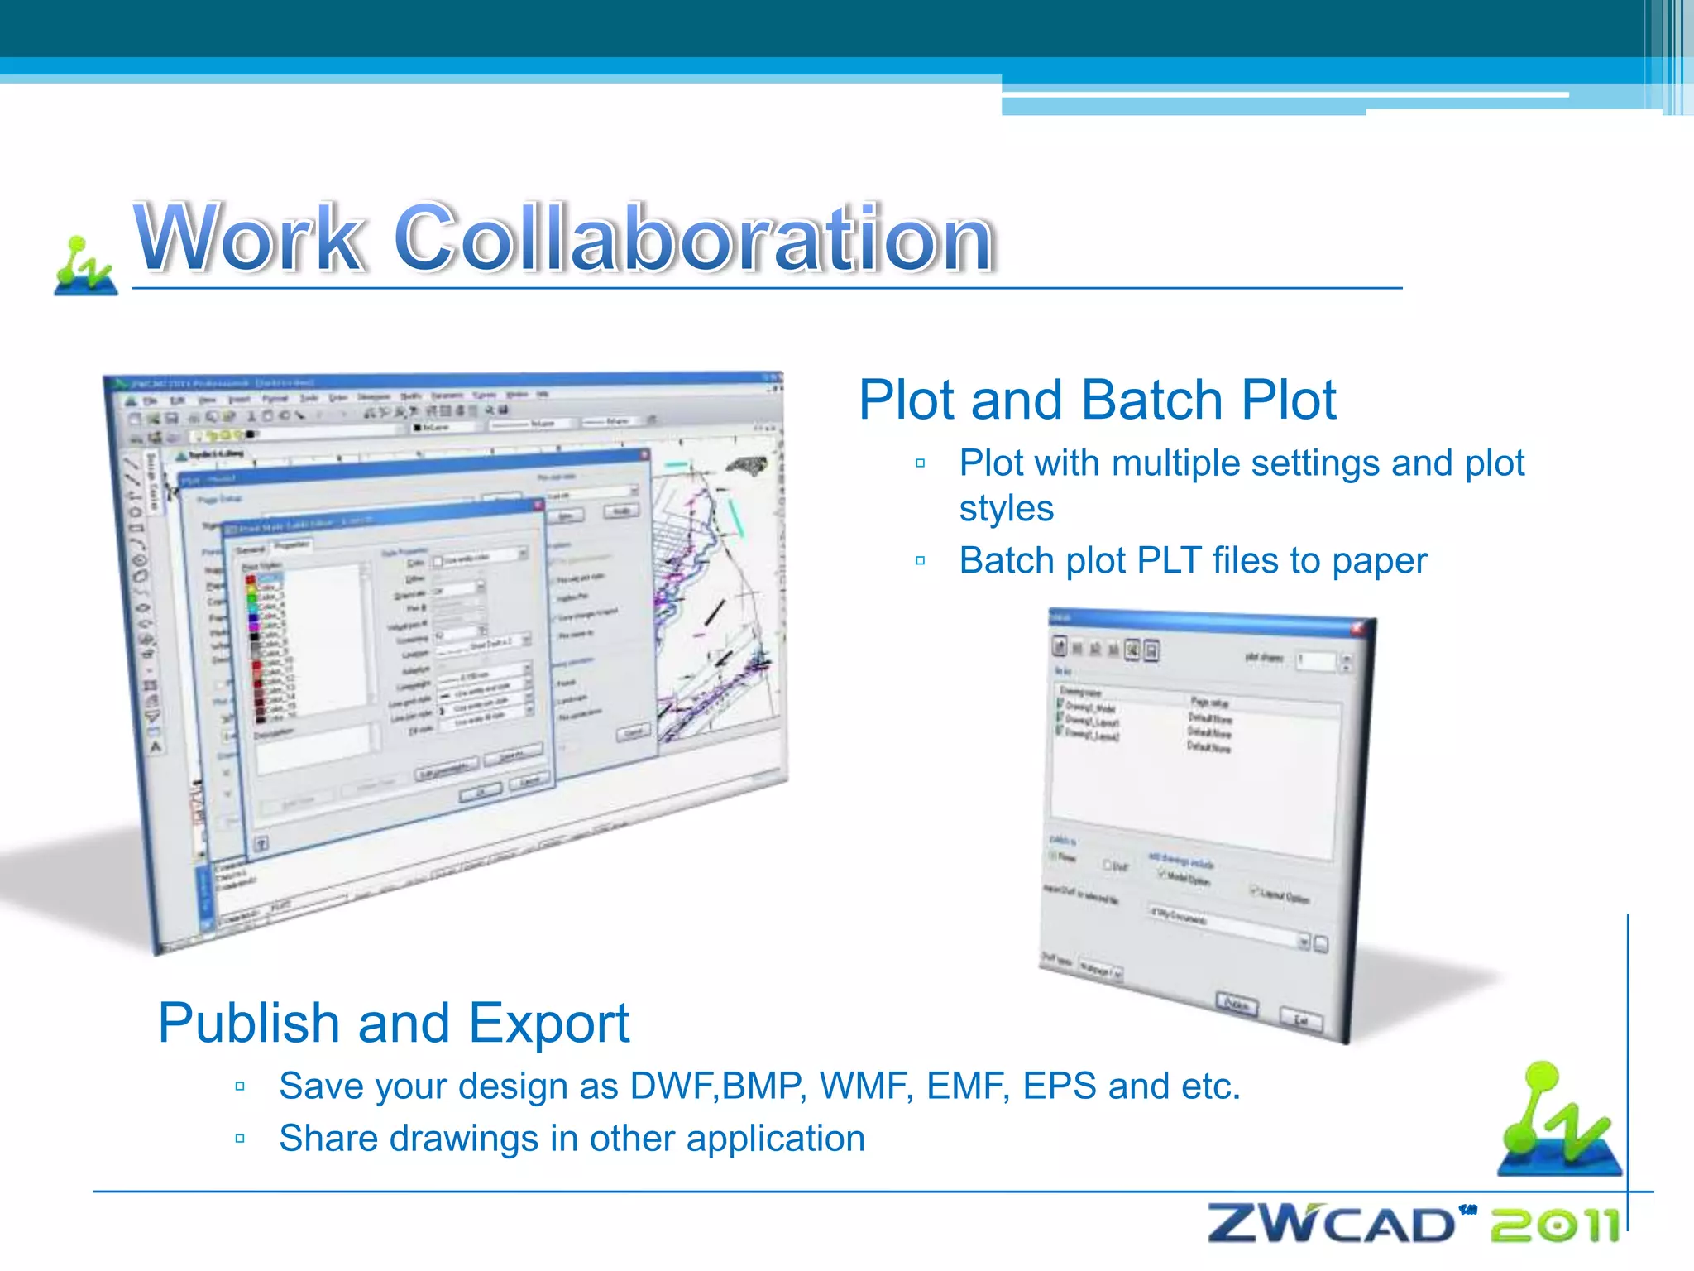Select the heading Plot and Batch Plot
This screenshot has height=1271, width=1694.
coord(1097,400)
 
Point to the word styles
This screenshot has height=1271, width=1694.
coord(1006,509)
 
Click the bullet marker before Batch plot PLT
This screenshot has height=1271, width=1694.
coord(921,561)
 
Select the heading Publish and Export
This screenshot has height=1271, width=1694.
coord(394,1023)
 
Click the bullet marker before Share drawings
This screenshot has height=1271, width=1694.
coord(240,1139)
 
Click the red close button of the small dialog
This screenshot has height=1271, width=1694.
coord(1357,629)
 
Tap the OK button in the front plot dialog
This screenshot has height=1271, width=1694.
coord(481,792)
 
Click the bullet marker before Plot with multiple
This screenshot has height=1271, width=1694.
coord(921,463)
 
